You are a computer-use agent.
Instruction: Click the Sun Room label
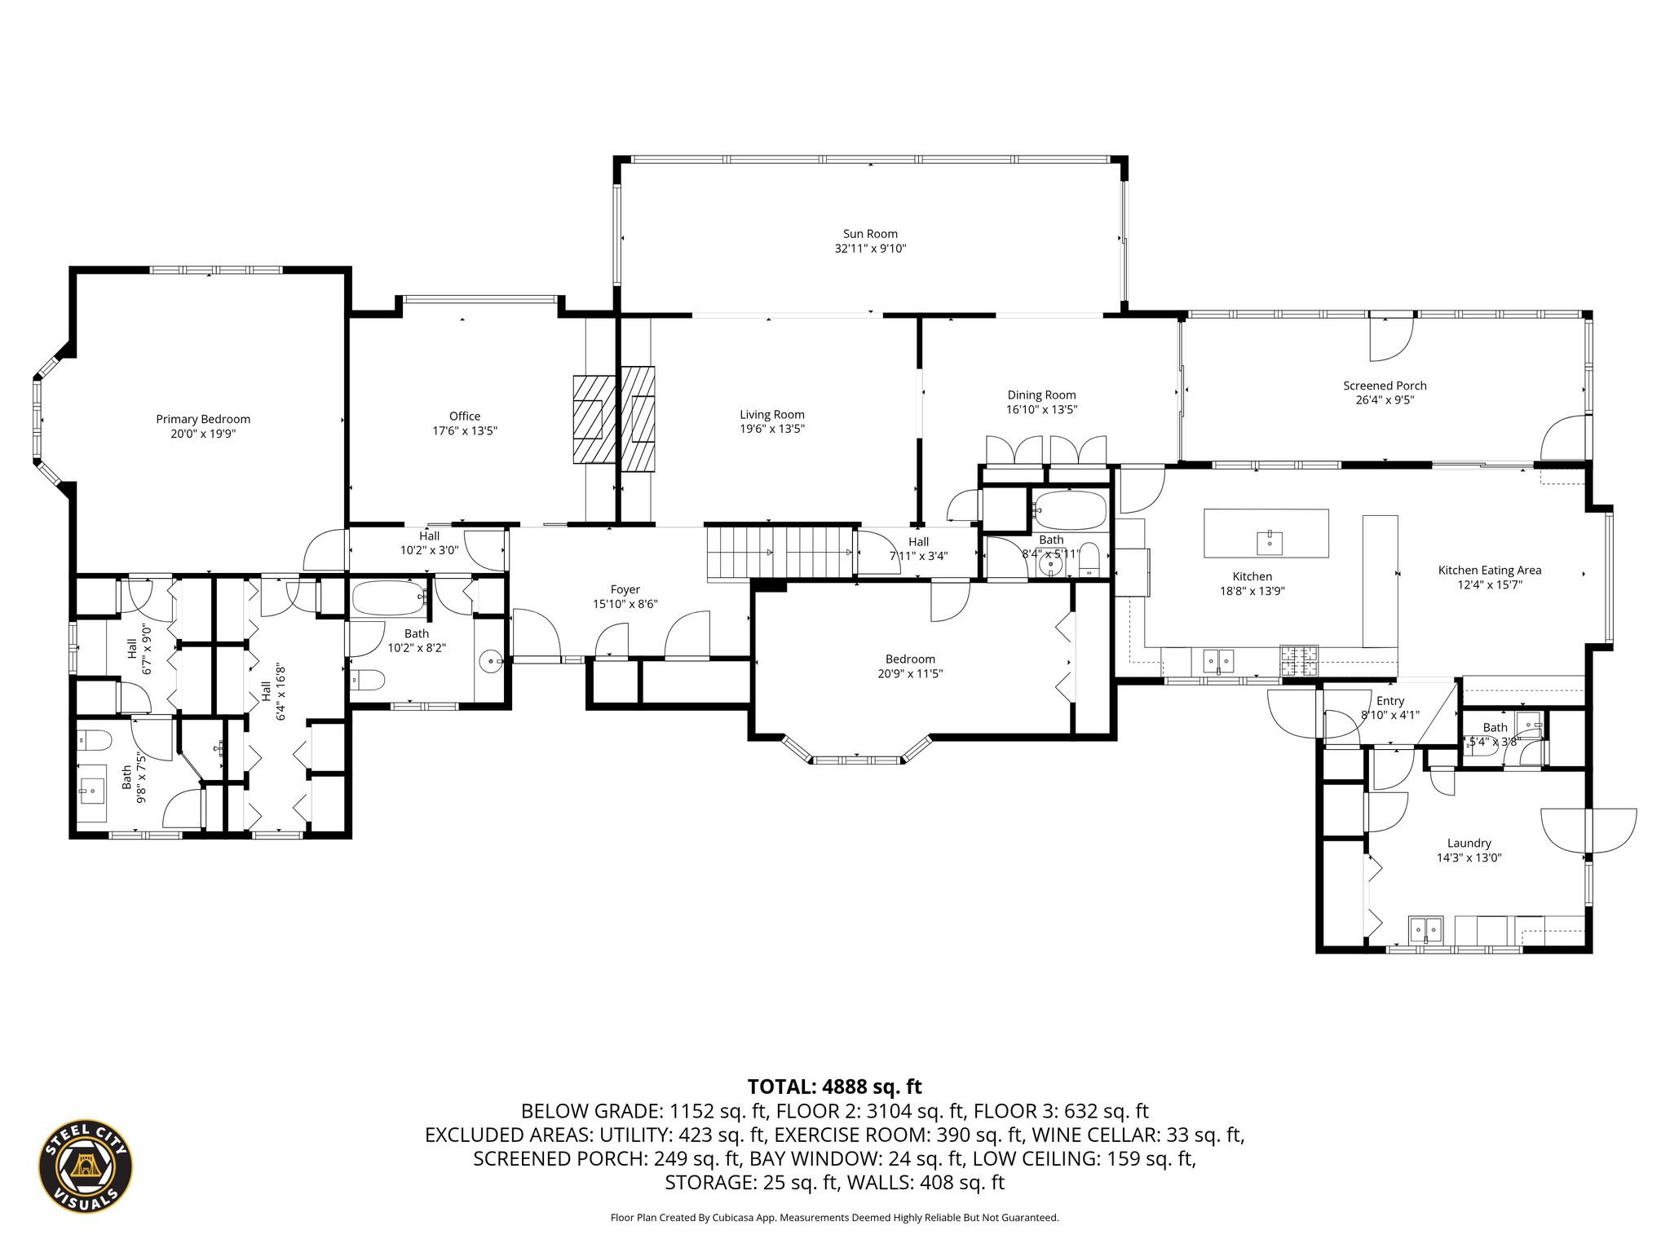pyautogui.click(x=870, y=234)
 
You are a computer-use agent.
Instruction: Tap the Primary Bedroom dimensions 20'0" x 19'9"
pyautogui.click(x=203, y=434)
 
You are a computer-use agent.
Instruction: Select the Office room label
pyautogui.click(x=465, y=416)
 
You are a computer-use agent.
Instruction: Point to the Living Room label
pyautogui.click(x=772, y=414)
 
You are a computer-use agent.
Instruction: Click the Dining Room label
pyautogui.click(x=1041, y=395)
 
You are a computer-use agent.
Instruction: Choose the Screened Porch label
pyautogui.click(x=1385, y=386)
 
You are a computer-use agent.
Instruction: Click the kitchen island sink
pyautogui.click(x=1270, y=540)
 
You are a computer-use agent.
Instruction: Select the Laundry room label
pyautogui.click(x=1469, y=843)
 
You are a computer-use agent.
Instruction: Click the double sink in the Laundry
pyautogui.click(x=1425, y=928)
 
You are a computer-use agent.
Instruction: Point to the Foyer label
pyautogui.click(x=625, y=589)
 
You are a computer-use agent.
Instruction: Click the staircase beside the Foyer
pyautogui.click(x=779, y=553)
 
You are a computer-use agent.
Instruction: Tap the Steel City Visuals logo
pyautogui.click(x=86, y=1165)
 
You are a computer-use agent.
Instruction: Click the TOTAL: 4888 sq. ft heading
pyautogui.click(x=834, y=1087)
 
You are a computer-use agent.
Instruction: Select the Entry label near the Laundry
pyautogui.click(x=1390, y=700)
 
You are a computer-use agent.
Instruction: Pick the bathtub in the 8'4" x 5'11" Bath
pyautogui.click(x=1068, y=509)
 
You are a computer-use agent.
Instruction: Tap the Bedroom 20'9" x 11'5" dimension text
pyautogui.click(x=910, y=673)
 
